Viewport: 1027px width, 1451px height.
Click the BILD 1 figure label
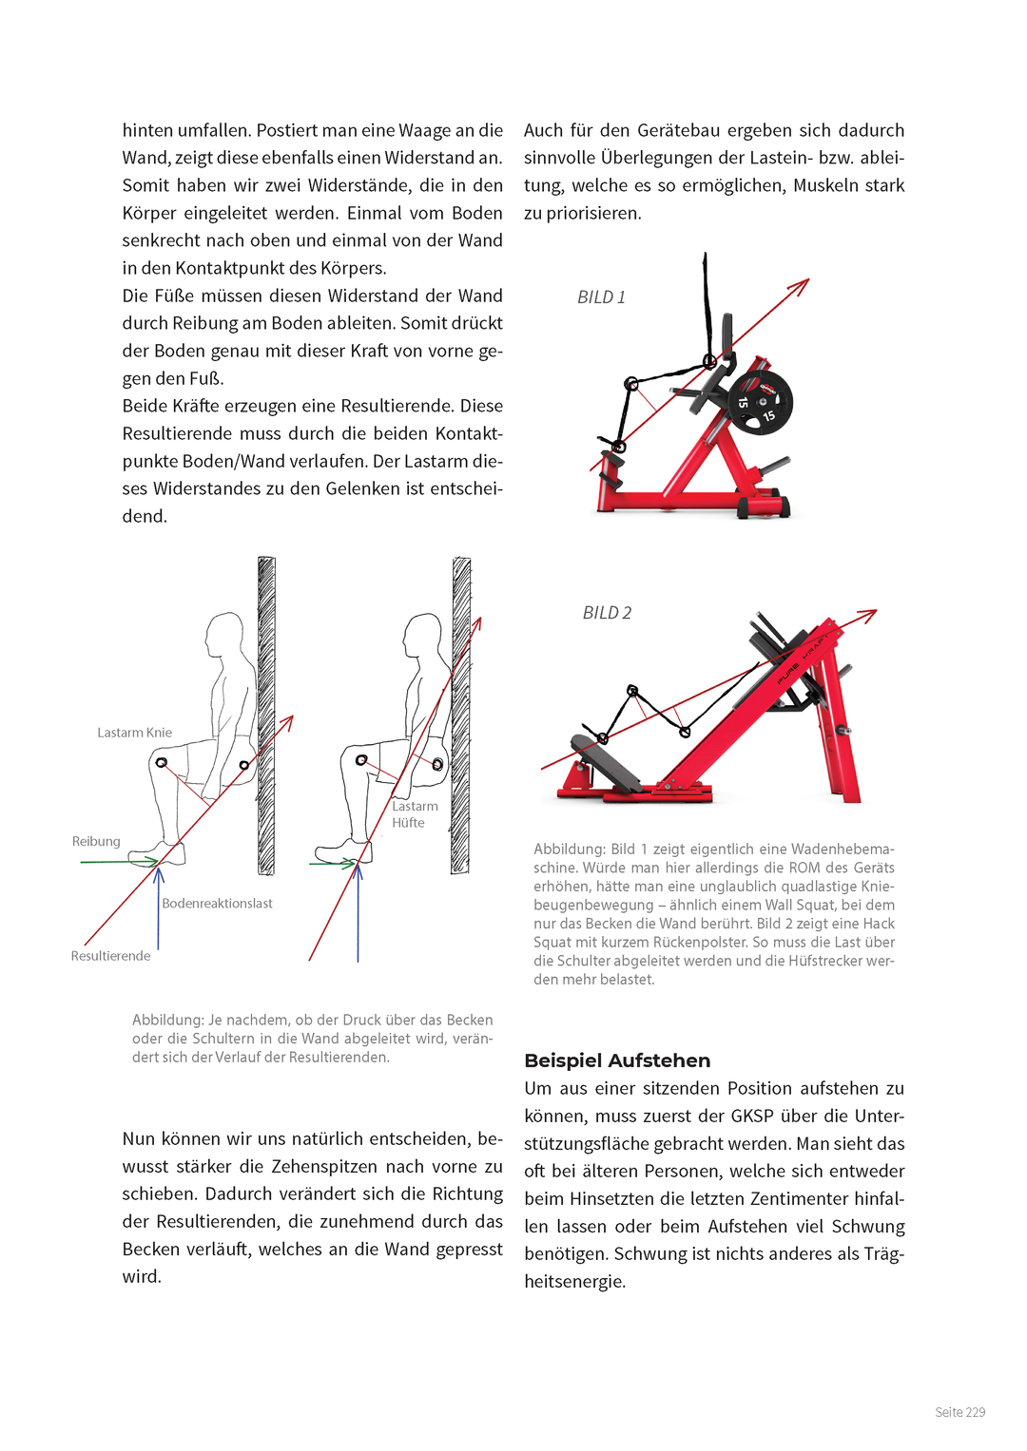(x=601, y=297)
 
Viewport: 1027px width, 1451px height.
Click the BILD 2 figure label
(x=607, y=613)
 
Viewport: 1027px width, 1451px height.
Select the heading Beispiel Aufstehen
(x=617, y=1060)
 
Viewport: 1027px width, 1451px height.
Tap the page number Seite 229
(x=959, y=1412)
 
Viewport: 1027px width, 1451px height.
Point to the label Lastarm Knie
(x=134, y=733)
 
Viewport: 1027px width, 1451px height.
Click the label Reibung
(x=96, y=841)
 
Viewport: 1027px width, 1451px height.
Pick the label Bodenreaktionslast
(x=217, y=903)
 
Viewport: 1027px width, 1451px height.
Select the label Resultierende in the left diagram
(x=110, y=956)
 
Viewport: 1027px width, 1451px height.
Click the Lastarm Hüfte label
(x=415, y=814)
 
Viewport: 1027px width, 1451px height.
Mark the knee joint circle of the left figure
(x=162, y=763)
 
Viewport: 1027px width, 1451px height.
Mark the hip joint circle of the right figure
(x=437, y=764)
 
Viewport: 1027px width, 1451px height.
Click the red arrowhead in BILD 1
(x=802, y=284)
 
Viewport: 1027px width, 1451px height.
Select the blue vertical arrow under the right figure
(x=358, y=912)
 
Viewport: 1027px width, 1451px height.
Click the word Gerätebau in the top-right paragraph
(x=681, y=130)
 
